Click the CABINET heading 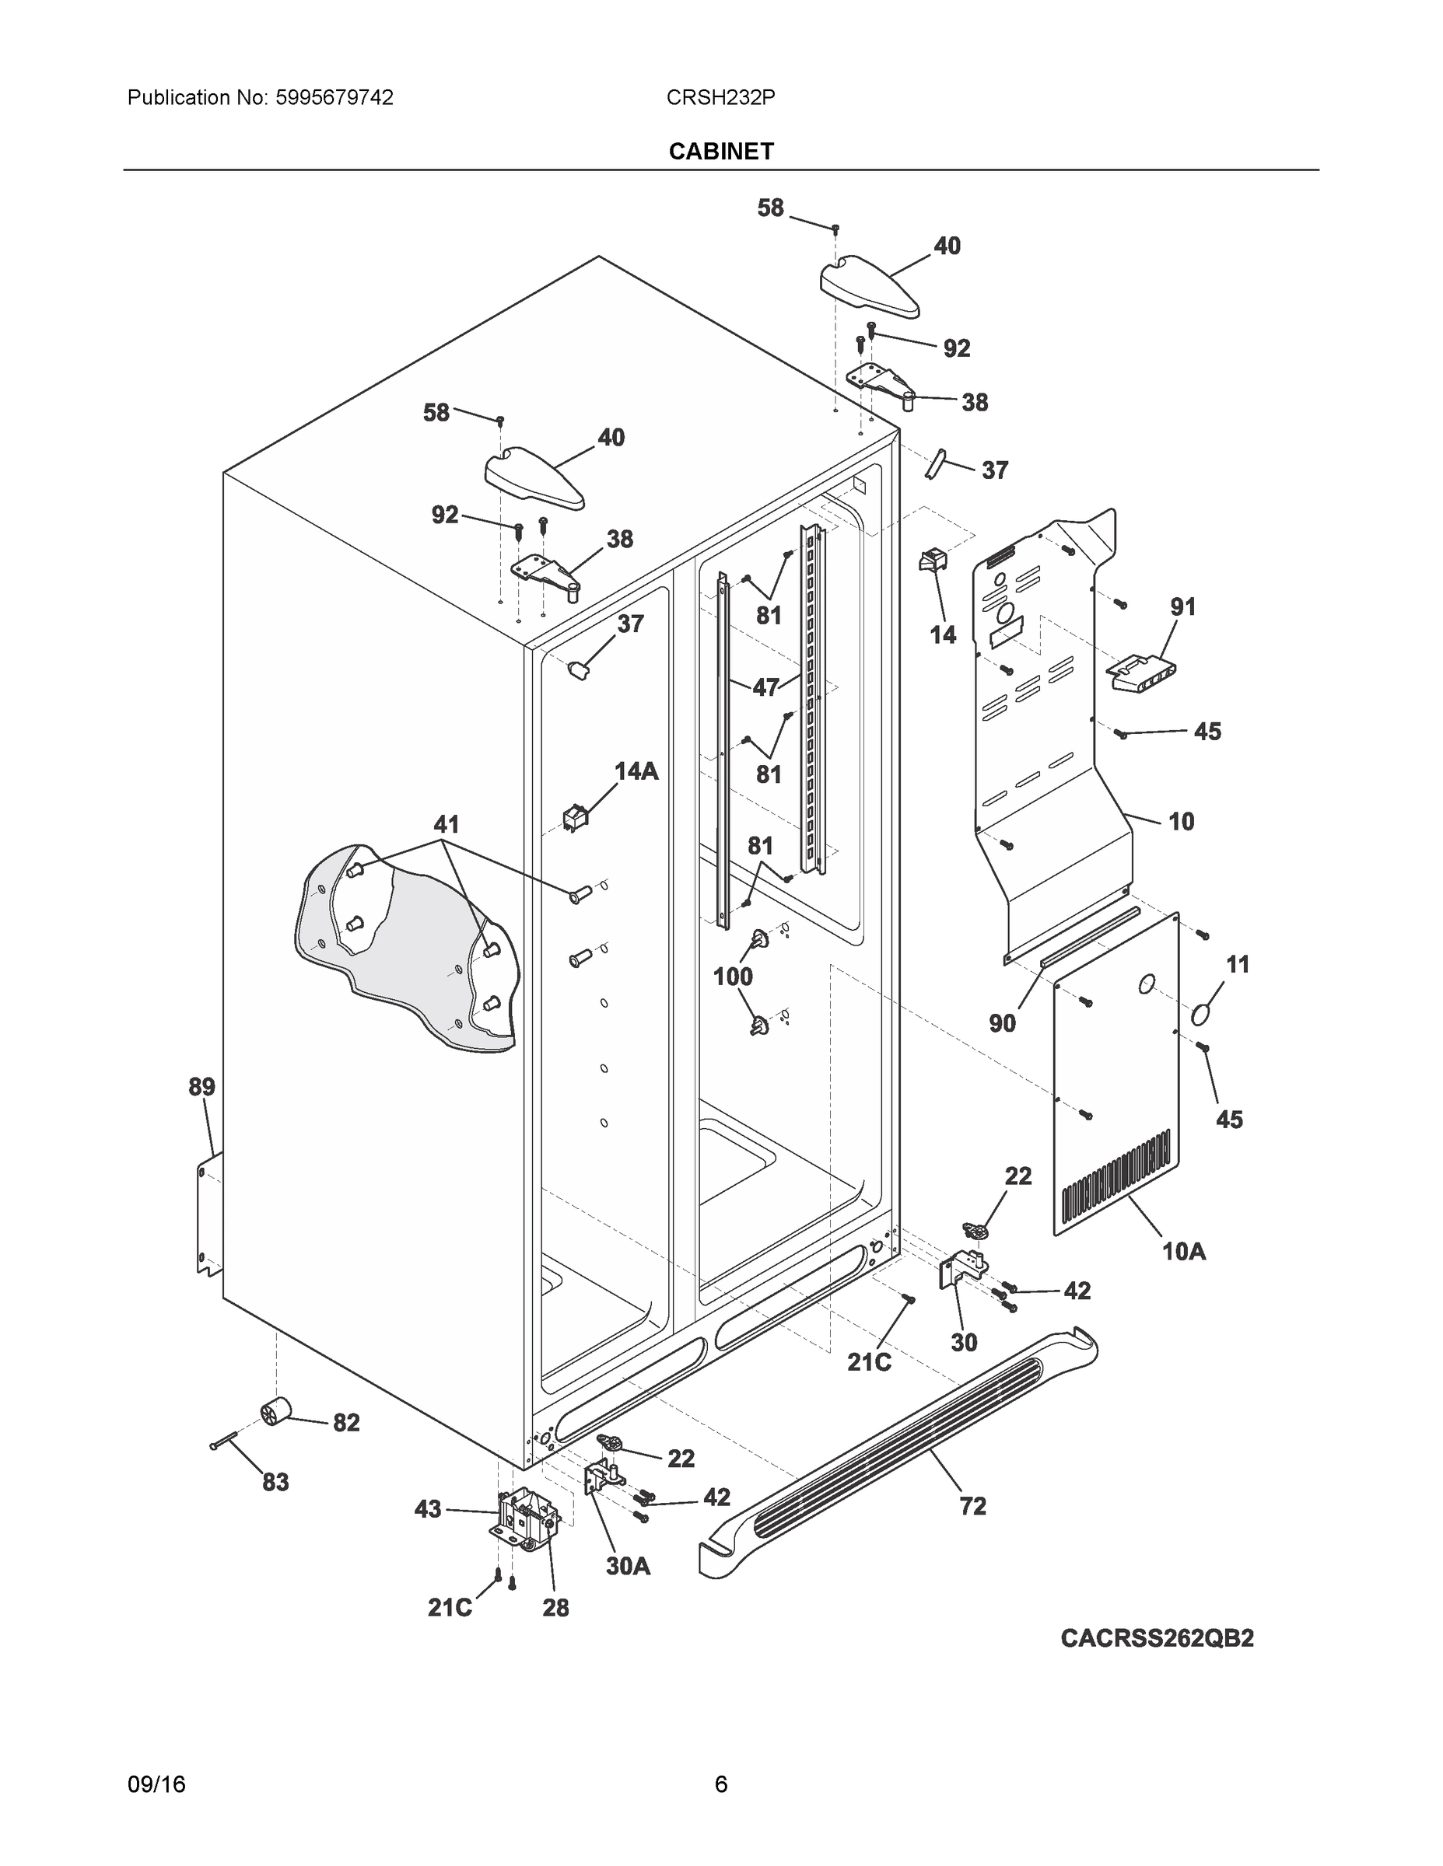(x=720, y=152)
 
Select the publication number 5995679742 (x=334, y=97)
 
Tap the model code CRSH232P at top (x=720, y=97)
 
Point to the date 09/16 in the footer (x=156, y=1784)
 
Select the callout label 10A (x=1184, y=1252)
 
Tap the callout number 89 (x=201, y=1087)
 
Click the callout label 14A (x=636, y=771)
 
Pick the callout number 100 (x=733, y=977)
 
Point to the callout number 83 (x=275, y=1483)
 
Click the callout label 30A (x=629, y=1566)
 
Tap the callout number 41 (x=447, y=824)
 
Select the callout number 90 (x=1002, y=1022)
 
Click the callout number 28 (x=555, y=1608)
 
